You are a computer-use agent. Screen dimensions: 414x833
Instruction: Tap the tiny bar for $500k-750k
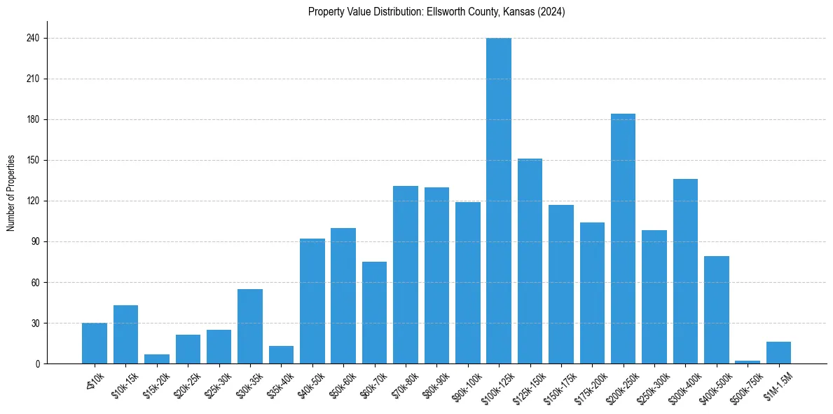tap(748, 362)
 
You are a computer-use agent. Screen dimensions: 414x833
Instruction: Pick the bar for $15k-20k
tap(157, 359)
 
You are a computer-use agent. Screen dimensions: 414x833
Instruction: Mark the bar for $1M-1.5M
tap(778, 353)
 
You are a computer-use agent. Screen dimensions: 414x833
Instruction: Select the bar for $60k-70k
tap(374, 313)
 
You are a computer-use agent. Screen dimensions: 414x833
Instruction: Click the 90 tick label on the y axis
tap(34, 242)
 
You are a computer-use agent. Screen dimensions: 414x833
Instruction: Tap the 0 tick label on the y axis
tap(36, 364)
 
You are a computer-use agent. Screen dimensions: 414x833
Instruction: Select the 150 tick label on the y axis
tap(32, 161)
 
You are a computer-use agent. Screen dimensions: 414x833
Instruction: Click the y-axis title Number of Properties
tap(11, 192)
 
